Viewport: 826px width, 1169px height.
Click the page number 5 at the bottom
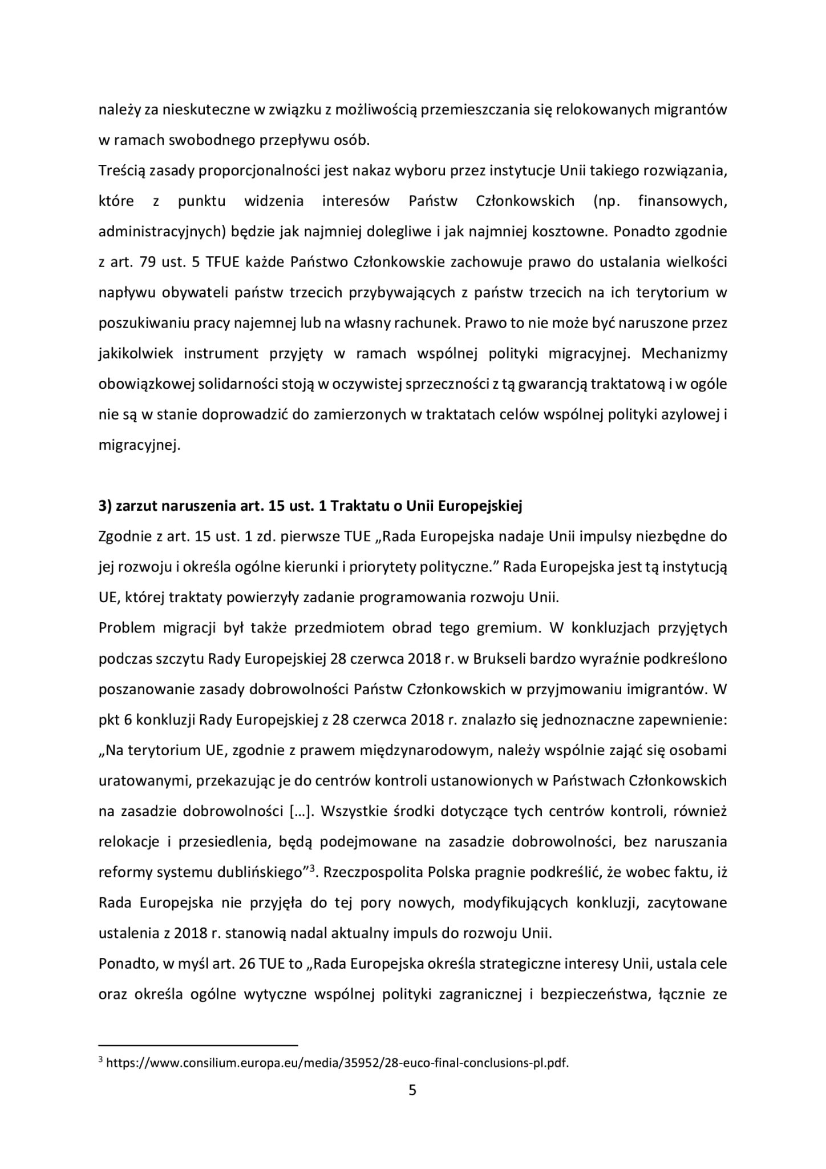click(412, 1091)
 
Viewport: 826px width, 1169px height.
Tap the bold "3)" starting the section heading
click(106, 506)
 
